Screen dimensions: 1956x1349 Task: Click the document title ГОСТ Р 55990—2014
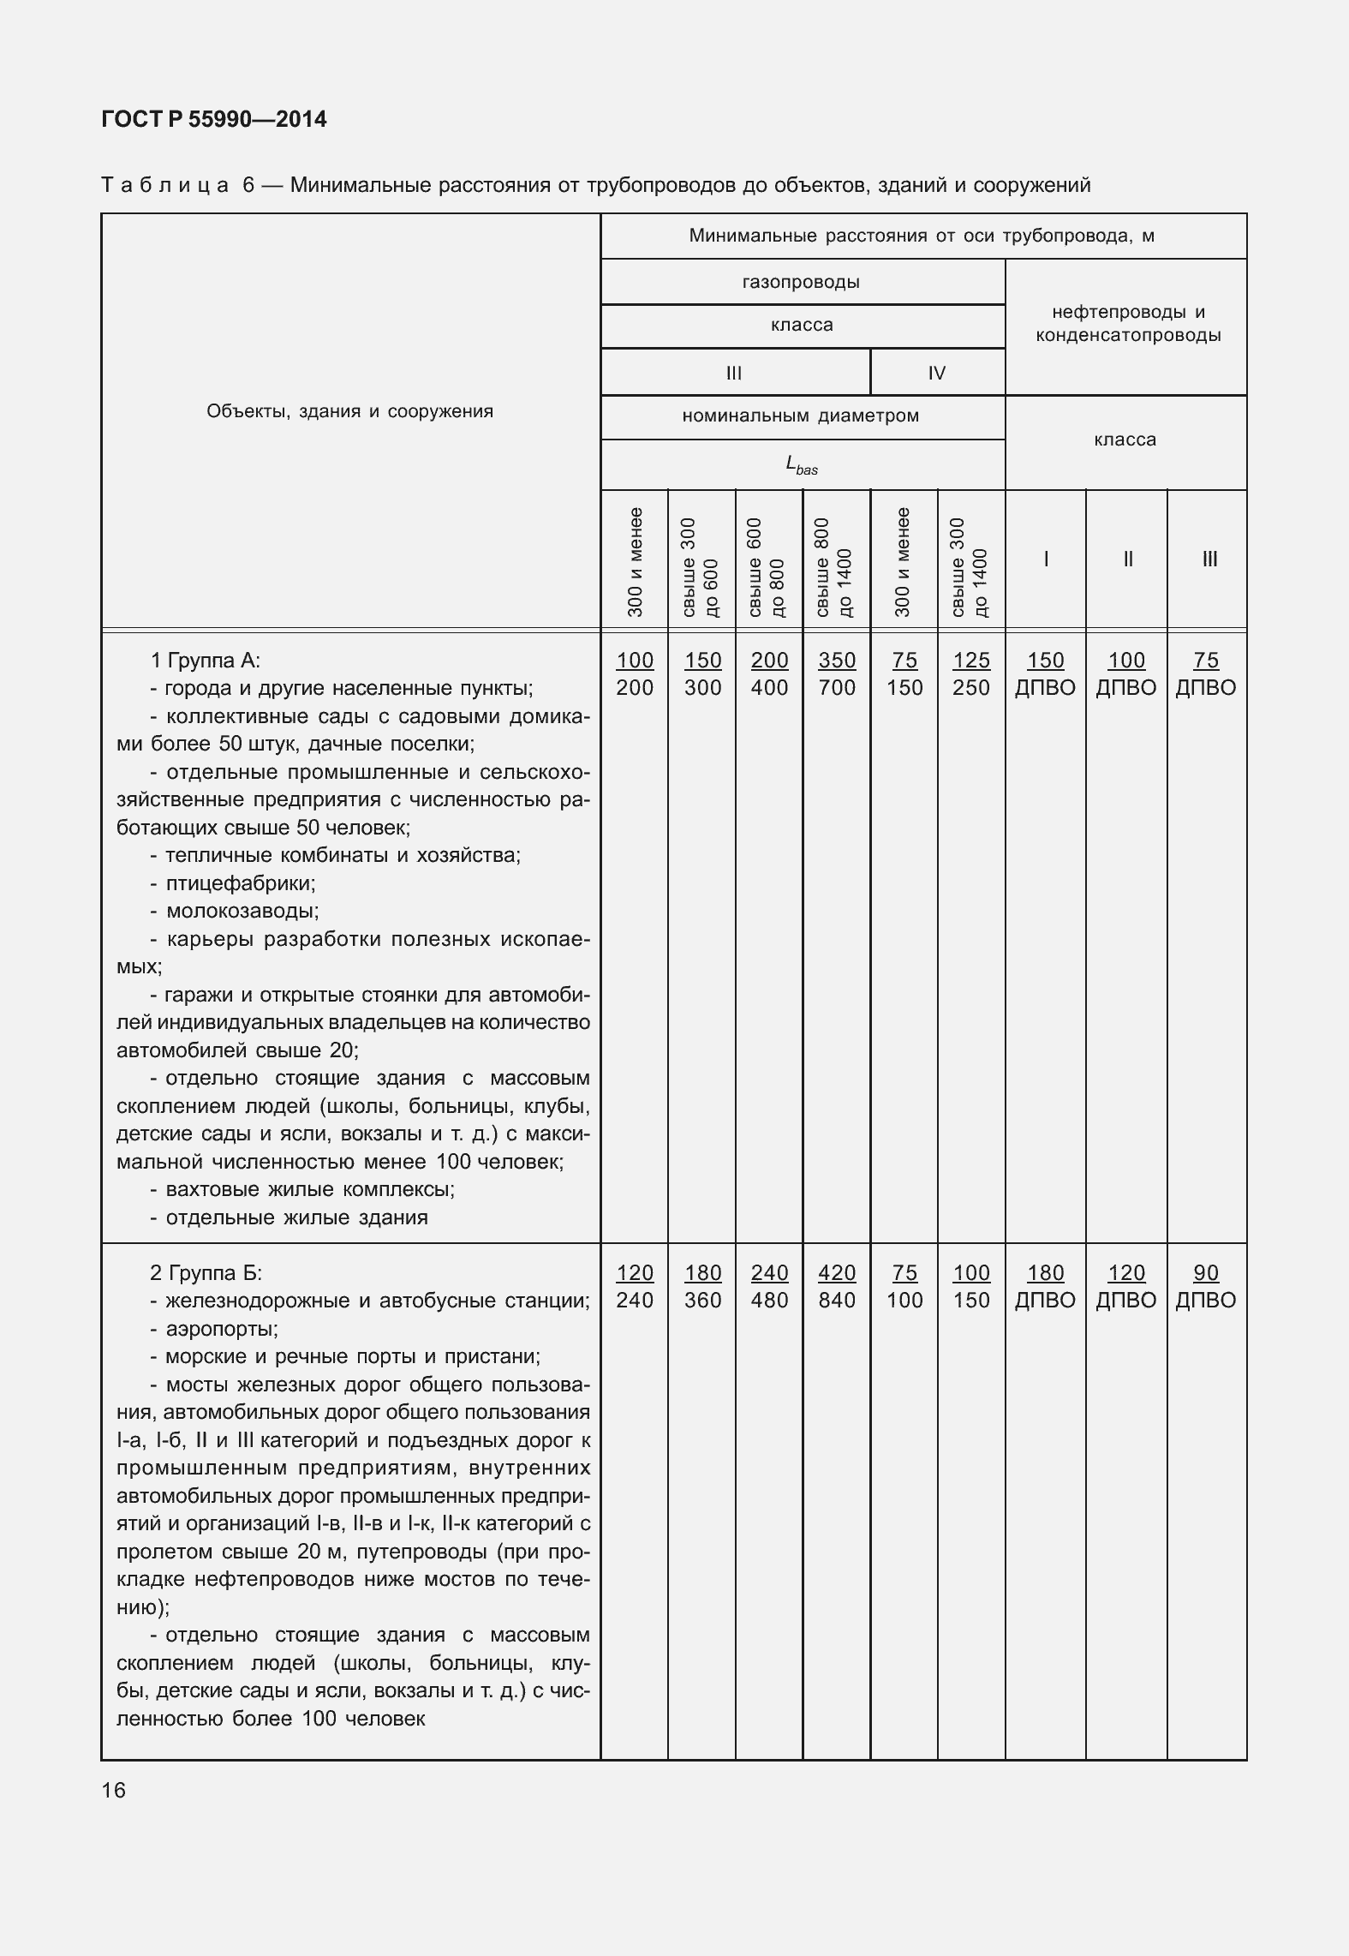coord(213,120)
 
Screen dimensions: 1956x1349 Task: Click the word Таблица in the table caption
coord(164,185)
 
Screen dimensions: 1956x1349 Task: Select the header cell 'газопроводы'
coord(802,282)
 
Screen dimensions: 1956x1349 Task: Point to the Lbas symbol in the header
coord(802,465)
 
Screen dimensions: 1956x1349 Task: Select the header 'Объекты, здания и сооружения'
coord(349,411)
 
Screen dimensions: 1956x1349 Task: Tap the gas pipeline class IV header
coord(936,373)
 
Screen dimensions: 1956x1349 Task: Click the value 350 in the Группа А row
coord(837,661)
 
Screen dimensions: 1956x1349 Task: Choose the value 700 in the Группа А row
coord(837,688)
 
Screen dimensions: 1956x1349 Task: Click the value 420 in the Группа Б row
coord(837,1273)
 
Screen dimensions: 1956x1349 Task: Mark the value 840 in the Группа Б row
coord(837,1301)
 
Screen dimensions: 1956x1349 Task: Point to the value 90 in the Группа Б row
coord(1206,1273)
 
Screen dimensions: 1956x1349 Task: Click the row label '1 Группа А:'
coord(206,661)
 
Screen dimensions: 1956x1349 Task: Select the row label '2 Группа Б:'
coord(205,1273)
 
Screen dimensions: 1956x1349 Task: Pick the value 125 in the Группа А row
coord(971,661)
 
